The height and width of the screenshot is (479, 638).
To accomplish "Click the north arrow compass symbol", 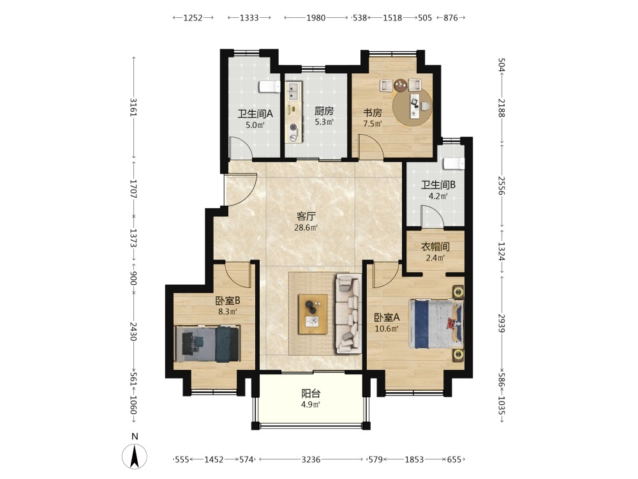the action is [135, 456].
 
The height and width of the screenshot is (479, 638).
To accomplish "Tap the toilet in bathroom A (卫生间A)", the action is [270, 86].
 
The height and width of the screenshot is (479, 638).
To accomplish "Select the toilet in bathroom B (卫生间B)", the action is [454, 163].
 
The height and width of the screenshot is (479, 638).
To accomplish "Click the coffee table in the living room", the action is [313, 314].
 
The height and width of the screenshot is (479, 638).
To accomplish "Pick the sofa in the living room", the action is [349, 314].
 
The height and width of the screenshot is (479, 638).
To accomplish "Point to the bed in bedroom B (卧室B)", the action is [207, 344].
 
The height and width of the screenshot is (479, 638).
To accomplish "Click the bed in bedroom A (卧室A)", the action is [436, 324].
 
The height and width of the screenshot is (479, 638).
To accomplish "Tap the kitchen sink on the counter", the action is [293, 91].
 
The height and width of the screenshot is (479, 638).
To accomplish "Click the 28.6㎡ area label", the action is [306, 227].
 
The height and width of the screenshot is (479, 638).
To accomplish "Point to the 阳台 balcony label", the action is [311, 393].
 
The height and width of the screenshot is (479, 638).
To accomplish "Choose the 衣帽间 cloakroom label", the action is [435, 247].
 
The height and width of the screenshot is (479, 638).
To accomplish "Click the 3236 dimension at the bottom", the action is [311, 459].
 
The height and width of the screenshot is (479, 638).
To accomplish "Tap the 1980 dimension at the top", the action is [316, 17].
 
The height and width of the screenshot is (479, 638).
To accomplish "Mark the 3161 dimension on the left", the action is [133, 107].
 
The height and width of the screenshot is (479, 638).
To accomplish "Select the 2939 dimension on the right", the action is [501, 323].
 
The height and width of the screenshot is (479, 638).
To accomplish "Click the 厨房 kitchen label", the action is [324, 110].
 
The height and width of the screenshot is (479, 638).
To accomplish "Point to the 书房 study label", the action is [373, 112].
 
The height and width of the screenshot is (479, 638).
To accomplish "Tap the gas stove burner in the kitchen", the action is [293, 128].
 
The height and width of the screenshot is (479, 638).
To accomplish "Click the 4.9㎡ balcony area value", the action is [311, 404].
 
